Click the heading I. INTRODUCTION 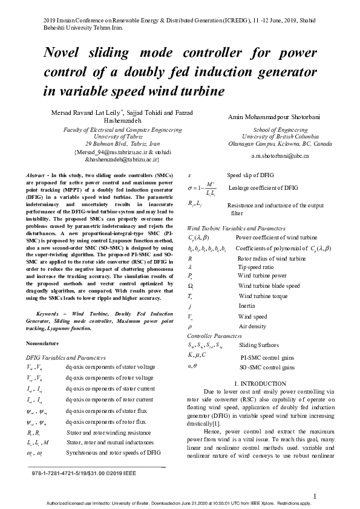pos(260,384)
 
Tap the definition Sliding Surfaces pos(260,345)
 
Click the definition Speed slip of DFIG pos(250,175)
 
